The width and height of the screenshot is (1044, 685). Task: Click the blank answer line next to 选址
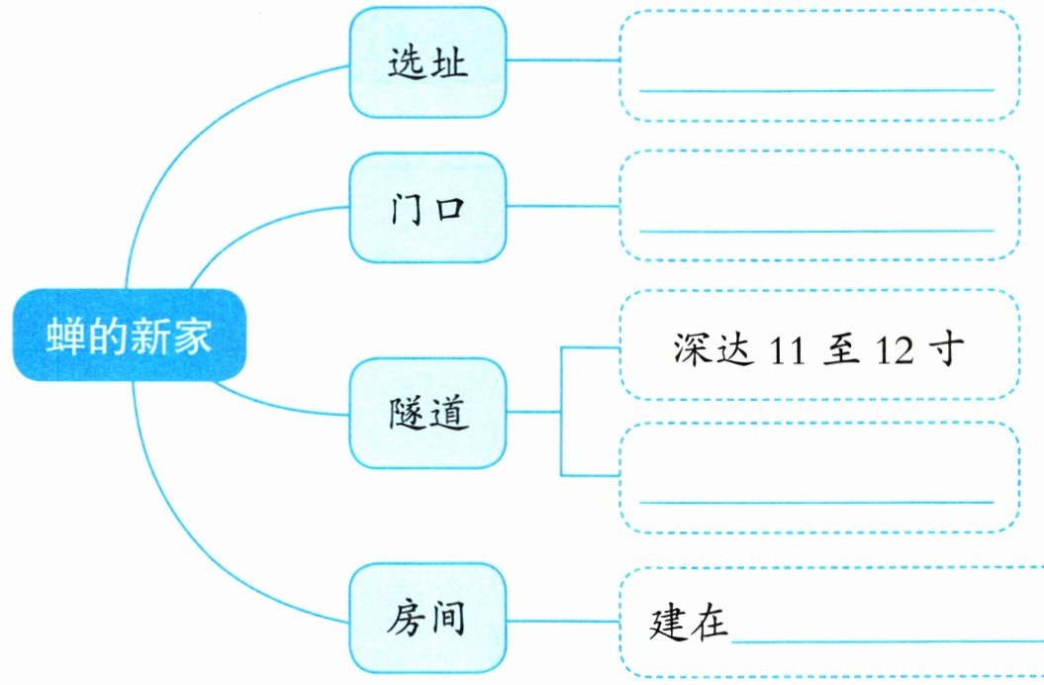pyautogui.click(x=815, y=89)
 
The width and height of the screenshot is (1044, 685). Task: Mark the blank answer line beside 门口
pyautogui.click(x=815, y=231)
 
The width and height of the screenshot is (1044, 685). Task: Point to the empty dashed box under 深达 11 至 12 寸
pyautogui.click(x=818, y=477)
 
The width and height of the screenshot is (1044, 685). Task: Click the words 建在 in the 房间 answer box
pyautogui.click(x=689, y=623)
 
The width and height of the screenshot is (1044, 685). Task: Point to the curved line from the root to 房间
pyautogui.click(x=198, y=554)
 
